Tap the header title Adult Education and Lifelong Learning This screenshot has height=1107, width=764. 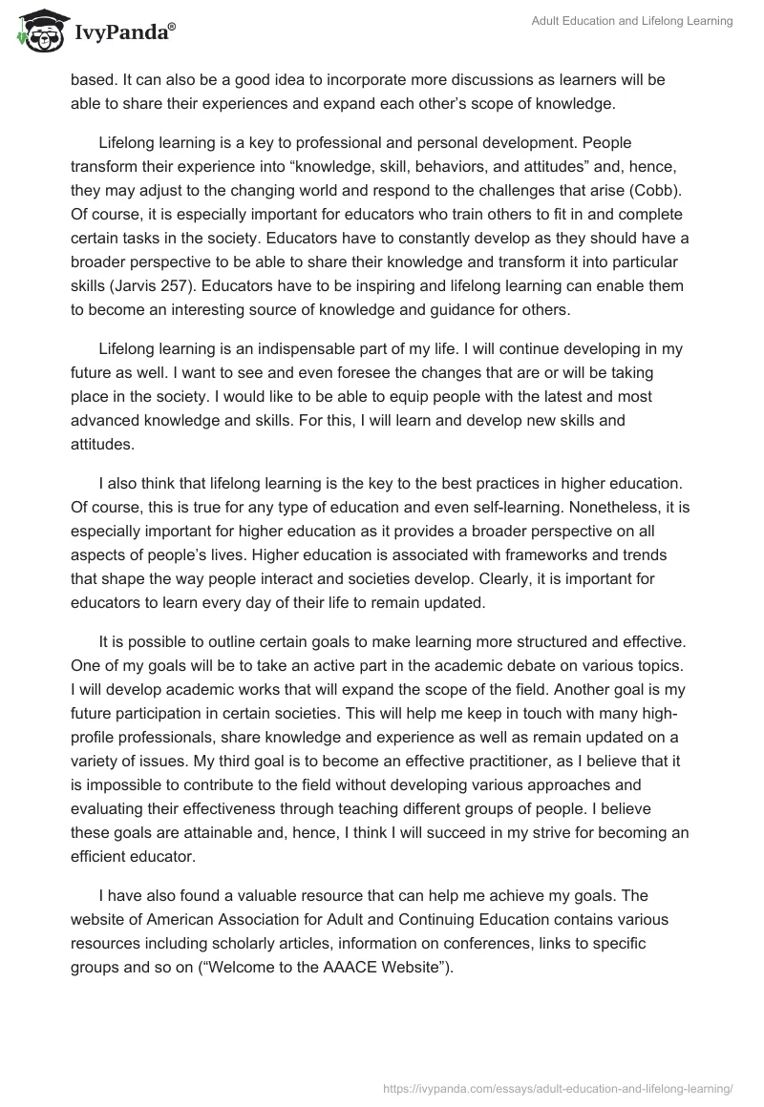pos(632,21)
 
